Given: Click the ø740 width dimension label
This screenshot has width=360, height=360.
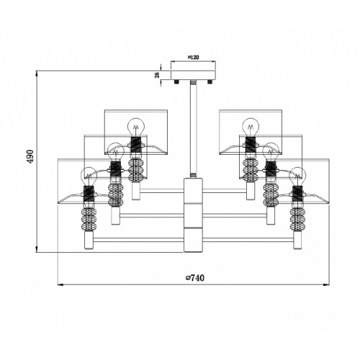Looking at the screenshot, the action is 195,278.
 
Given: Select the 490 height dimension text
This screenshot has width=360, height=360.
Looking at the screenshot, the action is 30,156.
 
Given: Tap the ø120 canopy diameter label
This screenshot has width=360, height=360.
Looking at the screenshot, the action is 193,58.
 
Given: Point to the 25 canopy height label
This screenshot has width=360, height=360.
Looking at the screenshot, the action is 157,75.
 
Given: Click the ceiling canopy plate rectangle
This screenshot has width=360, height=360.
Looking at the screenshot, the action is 193,75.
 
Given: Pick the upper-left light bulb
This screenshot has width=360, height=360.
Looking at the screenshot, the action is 135,127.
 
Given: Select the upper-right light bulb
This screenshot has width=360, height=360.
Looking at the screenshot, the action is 251,127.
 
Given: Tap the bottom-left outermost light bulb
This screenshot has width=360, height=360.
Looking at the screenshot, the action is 89,176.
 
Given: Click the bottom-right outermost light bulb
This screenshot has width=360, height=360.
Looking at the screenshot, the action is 297,176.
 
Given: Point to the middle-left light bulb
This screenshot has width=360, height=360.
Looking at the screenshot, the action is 116,152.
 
